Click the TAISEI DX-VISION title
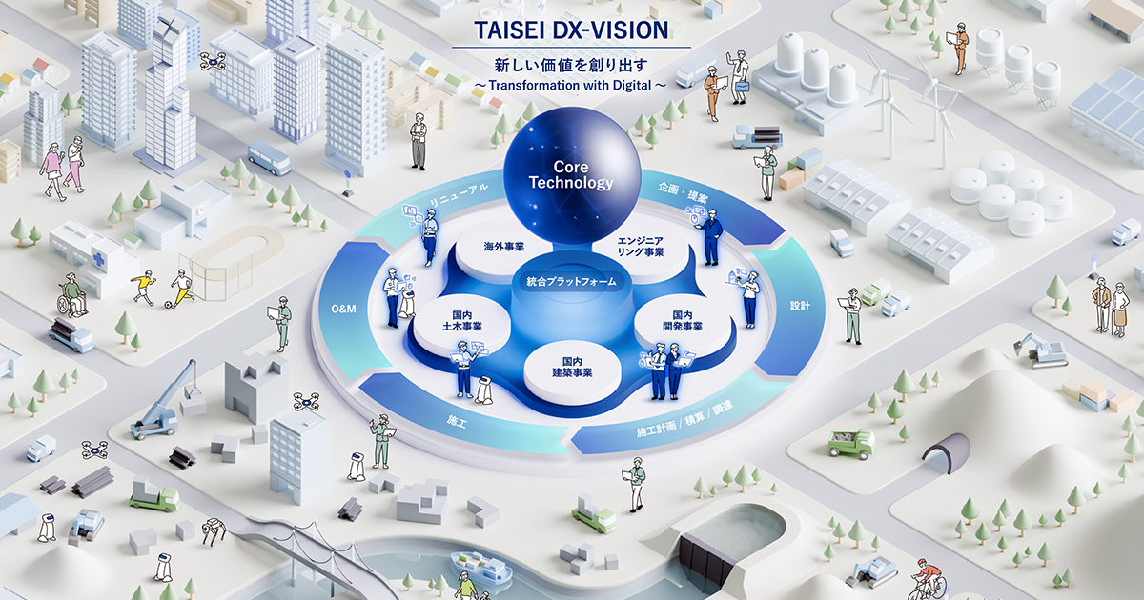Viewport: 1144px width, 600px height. [571, 30]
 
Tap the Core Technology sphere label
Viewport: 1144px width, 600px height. [571, 174]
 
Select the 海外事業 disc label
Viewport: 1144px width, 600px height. [504, 247]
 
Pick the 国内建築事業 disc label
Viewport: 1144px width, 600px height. [572, 368]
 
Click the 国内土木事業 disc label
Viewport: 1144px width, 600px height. [462, 321]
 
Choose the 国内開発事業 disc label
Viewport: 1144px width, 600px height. [683, 321]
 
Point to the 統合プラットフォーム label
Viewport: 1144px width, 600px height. [571, 281]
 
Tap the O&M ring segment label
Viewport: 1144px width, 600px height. [344, 309]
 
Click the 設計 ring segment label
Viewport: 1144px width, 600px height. [800, 306]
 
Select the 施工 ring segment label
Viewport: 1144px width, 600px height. [457, 421]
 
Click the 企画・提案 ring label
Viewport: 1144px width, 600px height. [683, 192]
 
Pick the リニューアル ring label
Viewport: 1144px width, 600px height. [460, 195]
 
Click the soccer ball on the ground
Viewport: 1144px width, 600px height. [168, 305]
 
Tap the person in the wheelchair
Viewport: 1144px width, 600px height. [72, 295]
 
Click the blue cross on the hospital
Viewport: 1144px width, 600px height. [98, 260]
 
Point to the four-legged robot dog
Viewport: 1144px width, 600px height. [214, 530]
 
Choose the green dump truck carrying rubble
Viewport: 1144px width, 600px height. [850, 443]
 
